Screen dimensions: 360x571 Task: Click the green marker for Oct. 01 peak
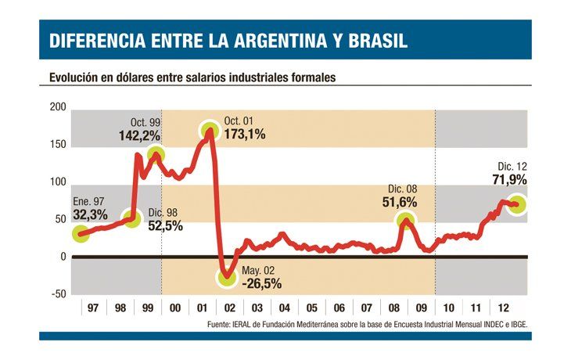point(209,131)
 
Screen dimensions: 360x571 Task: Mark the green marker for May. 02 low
point(227,276)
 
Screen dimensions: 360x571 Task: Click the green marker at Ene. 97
point(81,233)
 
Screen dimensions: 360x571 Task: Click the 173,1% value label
point(245,134)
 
